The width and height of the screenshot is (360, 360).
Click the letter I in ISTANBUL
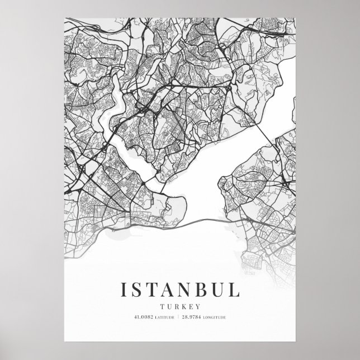coord(124,290)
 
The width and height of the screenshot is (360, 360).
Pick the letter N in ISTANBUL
coord(188,290)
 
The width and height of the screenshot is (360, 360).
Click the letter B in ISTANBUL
coord(206,290)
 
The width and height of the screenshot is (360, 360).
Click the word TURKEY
coord(180,306)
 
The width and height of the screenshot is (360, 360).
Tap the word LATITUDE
coord(164,319)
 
